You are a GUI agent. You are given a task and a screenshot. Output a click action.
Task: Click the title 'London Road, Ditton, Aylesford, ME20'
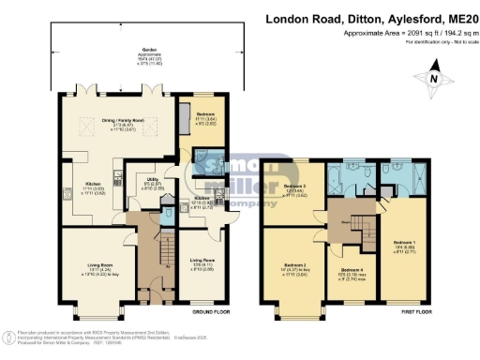point(371,18)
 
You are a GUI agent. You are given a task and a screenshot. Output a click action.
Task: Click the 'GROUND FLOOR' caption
point(205,310)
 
